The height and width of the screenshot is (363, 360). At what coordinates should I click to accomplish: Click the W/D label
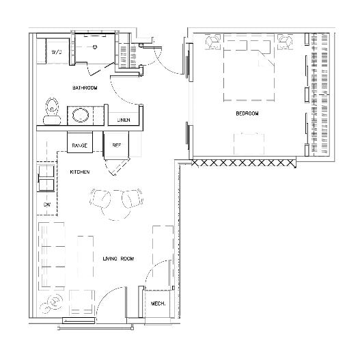(x=57, y=52)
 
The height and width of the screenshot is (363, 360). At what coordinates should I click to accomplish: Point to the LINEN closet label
(x=123, y=120)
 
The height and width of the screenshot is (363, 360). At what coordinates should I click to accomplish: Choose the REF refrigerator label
(x=115, y=145)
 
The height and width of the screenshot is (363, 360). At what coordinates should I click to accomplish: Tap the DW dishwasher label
(x=47, y=204)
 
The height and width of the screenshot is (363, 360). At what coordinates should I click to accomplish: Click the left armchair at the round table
(x=101, y=199)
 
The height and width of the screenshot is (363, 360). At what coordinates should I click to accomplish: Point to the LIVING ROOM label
(x=117, y=258)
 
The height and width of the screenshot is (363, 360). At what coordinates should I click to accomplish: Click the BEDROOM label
(x=247, y=113)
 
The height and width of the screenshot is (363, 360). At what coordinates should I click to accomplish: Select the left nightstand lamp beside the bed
(x=213, y=40)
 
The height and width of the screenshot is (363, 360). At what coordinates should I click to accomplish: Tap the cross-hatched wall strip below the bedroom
(x=244, y=163)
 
